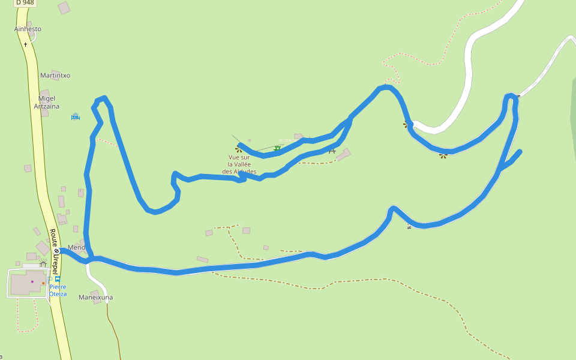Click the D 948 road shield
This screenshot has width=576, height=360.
(x=25, y=3)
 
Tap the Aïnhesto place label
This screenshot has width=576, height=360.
(x=28, y=29)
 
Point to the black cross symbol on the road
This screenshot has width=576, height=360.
(x=25, y=44)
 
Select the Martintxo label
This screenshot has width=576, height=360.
(x=55, y=76)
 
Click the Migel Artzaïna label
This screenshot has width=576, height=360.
(x=47, y=103)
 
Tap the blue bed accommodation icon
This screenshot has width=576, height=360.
(x=76, y=116)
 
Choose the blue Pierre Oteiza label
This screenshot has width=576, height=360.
(x=58, y=290)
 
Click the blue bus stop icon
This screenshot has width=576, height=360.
(x=58, y=279)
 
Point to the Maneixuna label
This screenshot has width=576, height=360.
(x=95, y=298)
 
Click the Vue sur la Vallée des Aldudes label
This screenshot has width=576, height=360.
(x=239, y=164)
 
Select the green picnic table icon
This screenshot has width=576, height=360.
(x=277, y=148)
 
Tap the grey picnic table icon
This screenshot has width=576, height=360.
(x=332, y=151)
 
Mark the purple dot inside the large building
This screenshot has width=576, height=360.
(x=32, y=281)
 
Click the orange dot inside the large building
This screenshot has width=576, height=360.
(x=43, y=283)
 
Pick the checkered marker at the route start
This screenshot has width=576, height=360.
(x=56, y=251)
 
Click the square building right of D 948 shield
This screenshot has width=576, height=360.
(x=64, y=8)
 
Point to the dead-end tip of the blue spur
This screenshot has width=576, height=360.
(x=520, y=151)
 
